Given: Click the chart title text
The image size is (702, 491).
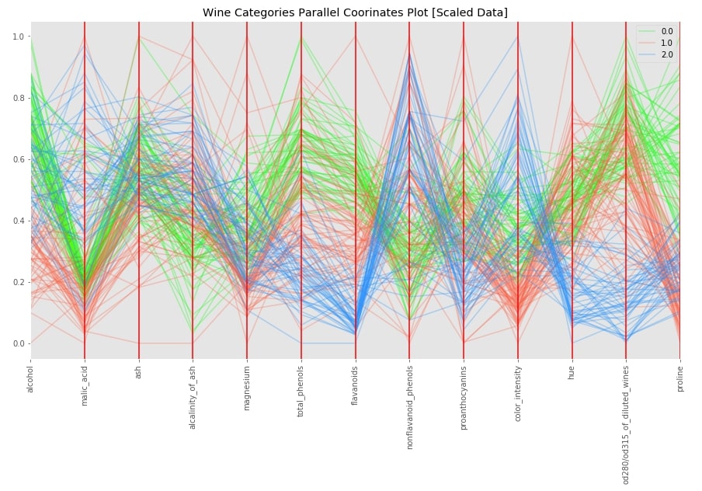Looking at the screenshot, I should pyautogui.click(x=355, y=12).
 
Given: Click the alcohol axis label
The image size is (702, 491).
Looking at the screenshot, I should pyautogui.click(x=30, y=378).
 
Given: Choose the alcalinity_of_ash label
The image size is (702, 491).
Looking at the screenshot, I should pyautogui.click(x=193, y=396).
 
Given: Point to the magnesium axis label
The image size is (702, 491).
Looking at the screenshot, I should pyautogui.click(x=247, y=386).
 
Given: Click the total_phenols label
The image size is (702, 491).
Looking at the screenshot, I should pyautogui.click(x=301, y=389).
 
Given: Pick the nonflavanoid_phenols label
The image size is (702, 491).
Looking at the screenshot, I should pyautogui.click(x=409, y=405).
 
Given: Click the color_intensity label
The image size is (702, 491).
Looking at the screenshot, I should pyautogui.click(x=518, y=392).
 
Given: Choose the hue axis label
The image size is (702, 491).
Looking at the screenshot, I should pyautogui.click(x=572, y=371).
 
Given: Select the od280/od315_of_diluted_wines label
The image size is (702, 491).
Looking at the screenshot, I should pyautogui.click(x=626, y=423).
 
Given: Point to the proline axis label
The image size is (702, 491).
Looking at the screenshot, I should pyautogui.click(x=680, y=378).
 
